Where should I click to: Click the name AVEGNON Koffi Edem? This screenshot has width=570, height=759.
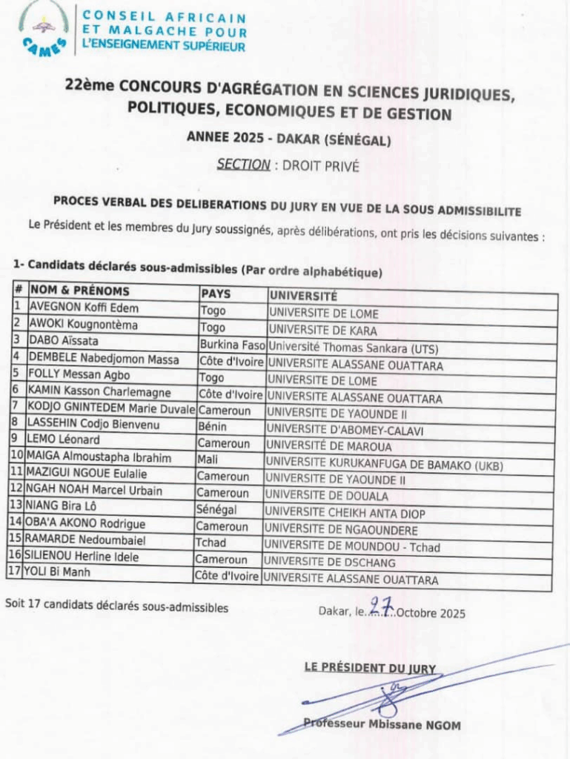(x=83, y=308)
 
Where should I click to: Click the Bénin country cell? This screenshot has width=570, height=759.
(x=212, y=427)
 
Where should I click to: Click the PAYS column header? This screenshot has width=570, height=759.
(x=216, y=293)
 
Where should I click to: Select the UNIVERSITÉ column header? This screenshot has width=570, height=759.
(x=304, y=295)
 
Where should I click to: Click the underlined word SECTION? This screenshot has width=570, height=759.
(x=243, y=165)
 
